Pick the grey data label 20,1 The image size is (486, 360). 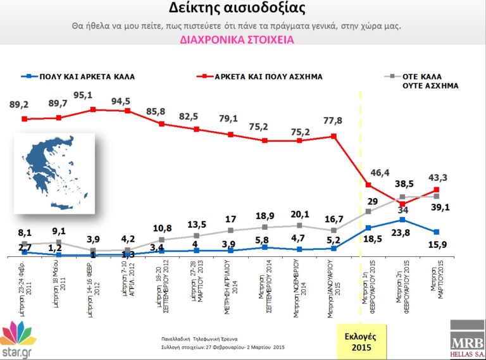[297, 214]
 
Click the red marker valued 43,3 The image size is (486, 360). [437, 189]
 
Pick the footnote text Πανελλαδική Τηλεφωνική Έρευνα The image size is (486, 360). [199, 339]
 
